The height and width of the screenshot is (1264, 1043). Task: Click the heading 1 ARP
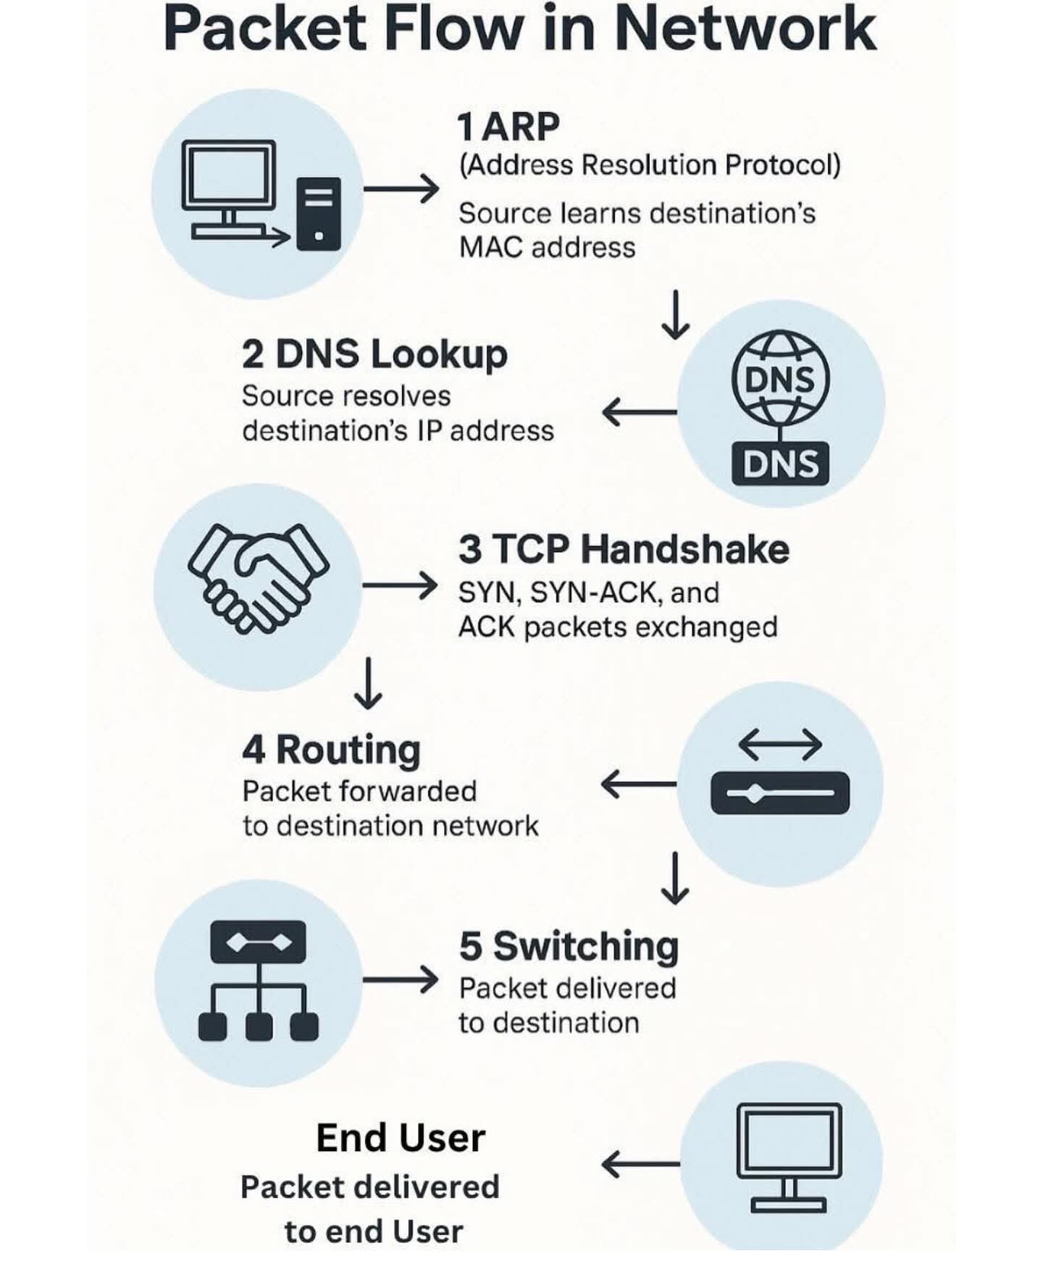pos(508,127)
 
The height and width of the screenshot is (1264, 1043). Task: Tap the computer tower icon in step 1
pos(319,214)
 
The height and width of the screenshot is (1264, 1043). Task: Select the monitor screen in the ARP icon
pos(228,174)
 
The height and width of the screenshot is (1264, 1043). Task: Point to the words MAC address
pos(547,248)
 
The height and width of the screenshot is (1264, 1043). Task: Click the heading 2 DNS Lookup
pos(374,354)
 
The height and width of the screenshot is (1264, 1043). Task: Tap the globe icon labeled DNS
pos(780,379)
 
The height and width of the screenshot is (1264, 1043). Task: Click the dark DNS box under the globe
pos(780,464)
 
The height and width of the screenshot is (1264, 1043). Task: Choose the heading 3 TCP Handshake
pos(624,549)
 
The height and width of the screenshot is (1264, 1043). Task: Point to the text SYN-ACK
pos(593,593)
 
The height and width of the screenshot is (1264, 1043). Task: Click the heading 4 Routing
pos(331,750)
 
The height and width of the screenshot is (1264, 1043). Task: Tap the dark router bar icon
pos(780,793)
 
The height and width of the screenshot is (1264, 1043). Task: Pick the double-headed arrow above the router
pos(780,745)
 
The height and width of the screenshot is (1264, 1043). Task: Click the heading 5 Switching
pos(569,946)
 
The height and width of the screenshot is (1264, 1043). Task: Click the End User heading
pos(401,1138)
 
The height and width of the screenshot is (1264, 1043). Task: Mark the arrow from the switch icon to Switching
pos(400,980)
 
